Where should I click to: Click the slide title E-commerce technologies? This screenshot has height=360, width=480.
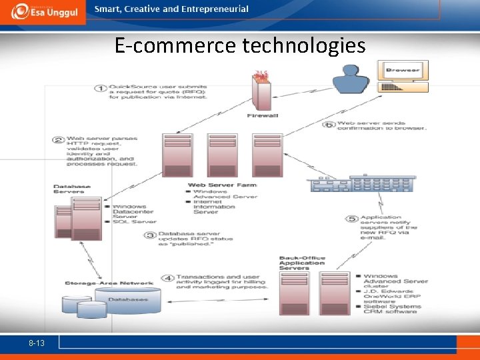[x=240, y=46]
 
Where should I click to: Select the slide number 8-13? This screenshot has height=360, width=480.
[x=37, y=341]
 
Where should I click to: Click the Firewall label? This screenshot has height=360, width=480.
[x=262, y=115]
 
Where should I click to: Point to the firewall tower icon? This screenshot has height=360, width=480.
[x=261, y=91]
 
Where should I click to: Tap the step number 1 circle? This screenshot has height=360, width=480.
[x=99, y=89]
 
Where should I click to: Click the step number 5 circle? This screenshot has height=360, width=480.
[x=352, y=219]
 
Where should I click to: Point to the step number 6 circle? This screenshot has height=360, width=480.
[x=328, y=125]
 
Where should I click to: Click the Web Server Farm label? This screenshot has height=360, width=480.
[x=222, y=185]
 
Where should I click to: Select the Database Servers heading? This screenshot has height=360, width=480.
[x=69, y=188]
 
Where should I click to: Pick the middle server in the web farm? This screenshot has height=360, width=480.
[x=221, y=155]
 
